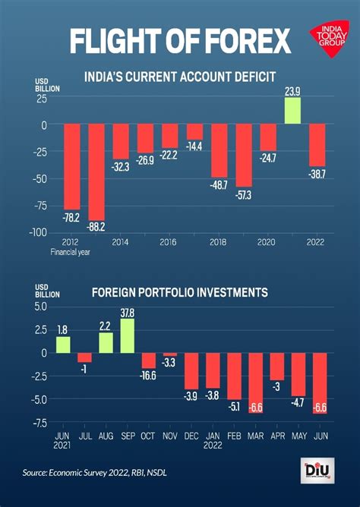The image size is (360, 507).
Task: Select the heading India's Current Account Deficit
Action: [178, 77]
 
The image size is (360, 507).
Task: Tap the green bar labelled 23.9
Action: [292, 110]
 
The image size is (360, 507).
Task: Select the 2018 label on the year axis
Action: [219, 242]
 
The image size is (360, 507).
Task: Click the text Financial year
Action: [71, 253]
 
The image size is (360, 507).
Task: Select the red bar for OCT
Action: [148, 361]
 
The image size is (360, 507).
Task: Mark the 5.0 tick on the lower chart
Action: [39, 306]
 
